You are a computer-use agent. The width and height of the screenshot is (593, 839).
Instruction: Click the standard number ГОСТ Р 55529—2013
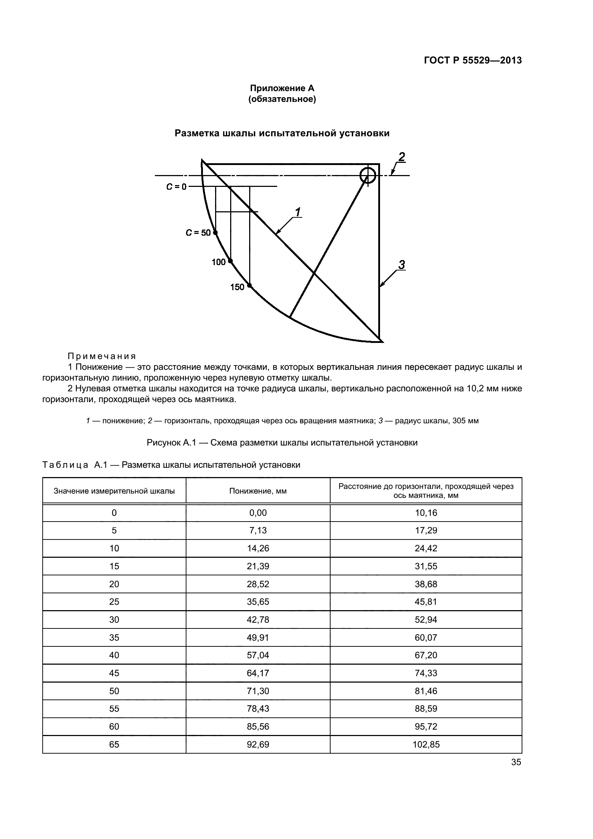473,61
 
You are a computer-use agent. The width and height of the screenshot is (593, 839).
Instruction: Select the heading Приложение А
282,88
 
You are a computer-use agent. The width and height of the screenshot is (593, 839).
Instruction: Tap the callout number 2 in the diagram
401,157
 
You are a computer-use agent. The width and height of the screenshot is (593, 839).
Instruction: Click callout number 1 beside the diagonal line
298,212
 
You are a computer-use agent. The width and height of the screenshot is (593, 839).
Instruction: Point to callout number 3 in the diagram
401,265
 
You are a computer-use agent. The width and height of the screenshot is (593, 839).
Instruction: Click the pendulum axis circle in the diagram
367,175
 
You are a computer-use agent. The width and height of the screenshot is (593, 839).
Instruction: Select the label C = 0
176,187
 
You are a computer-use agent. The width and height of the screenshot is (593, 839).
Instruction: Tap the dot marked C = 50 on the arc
215,233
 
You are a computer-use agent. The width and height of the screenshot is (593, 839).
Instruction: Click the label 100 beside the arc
218,262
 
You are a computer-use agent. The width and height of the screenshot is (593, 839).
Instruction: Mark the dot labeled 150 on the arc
250,286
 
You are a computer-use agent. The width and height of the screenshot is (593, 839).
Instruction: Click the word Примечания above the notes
102,356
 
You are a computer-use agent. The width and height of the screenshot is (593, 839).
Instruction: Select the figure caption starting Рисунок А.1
282,443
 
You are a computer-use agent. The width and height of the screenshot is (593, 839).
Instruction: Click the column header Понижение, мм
258,491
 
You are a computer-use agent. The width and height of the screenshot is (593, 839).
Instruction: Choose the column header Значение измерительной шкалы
114,491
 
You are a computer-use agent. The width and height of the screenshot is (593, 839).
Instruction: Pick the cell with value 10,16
426,513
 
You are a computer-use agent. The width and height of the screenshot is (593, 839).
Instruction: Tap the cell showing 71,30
258,691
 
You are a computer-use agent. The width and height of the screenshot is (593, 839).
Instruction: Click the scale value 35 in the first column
114,638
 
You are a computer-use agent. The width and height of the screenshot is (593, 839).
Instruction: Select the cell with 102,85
426,744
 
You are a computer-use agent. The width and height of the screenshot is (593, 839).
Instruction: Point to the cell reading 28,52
258,584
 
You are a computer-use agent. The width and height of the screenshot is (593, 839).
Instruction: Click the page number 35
516,762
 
